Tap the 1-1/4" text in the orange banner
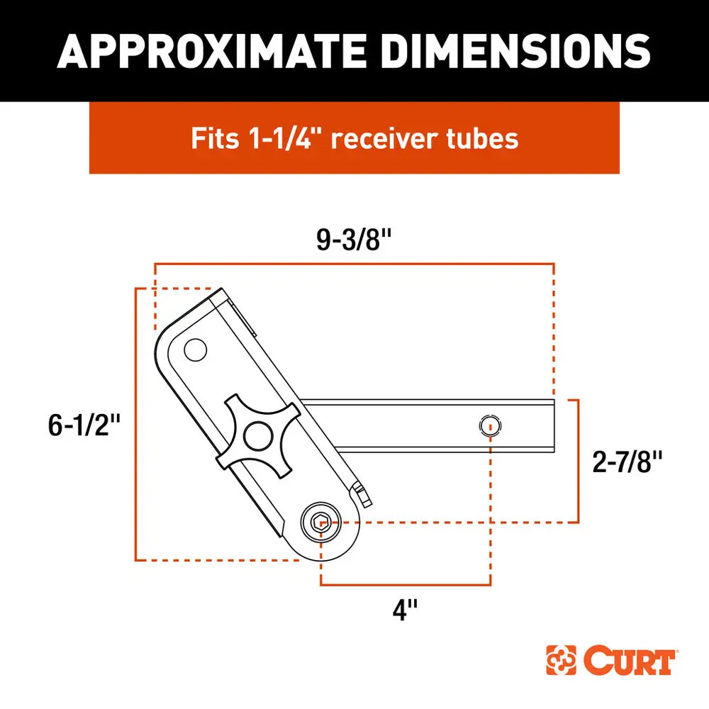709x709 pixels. click(277, 138)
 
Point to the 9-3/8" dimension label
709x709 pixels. click(354, 241)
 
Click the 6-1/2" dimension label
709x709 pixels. click(82, 426)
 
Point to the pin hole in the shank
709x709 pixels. click(489, 426)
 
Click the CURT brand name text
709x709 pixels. click(629, 661)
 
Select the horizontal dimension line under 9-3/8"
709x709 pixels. click(354, 264)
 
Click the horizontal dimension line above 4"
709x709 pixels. click(405, 585)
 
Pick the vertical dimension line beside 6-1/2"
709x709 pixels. click(135, 425)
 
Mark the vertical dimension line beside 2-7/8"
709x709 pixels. click(579, 461)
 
